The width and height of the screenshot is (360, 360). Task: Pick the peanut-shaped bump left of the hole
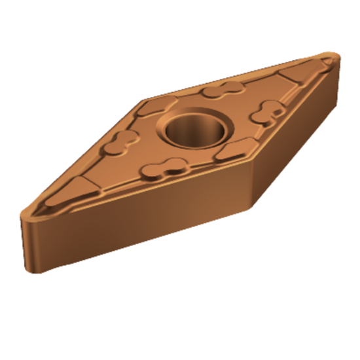pyautogui.click(x=123, y=139)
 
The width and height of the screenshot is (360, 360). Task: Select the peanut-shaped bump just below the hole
pyautogui.click(x=167, y=168)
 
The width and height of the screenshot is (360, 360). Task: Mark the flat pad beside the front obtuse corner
pyautogui.click(x=231, y=152)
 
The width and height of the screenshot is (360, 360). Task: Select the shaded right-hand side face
pyautogui.click(x=295, y=137)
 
